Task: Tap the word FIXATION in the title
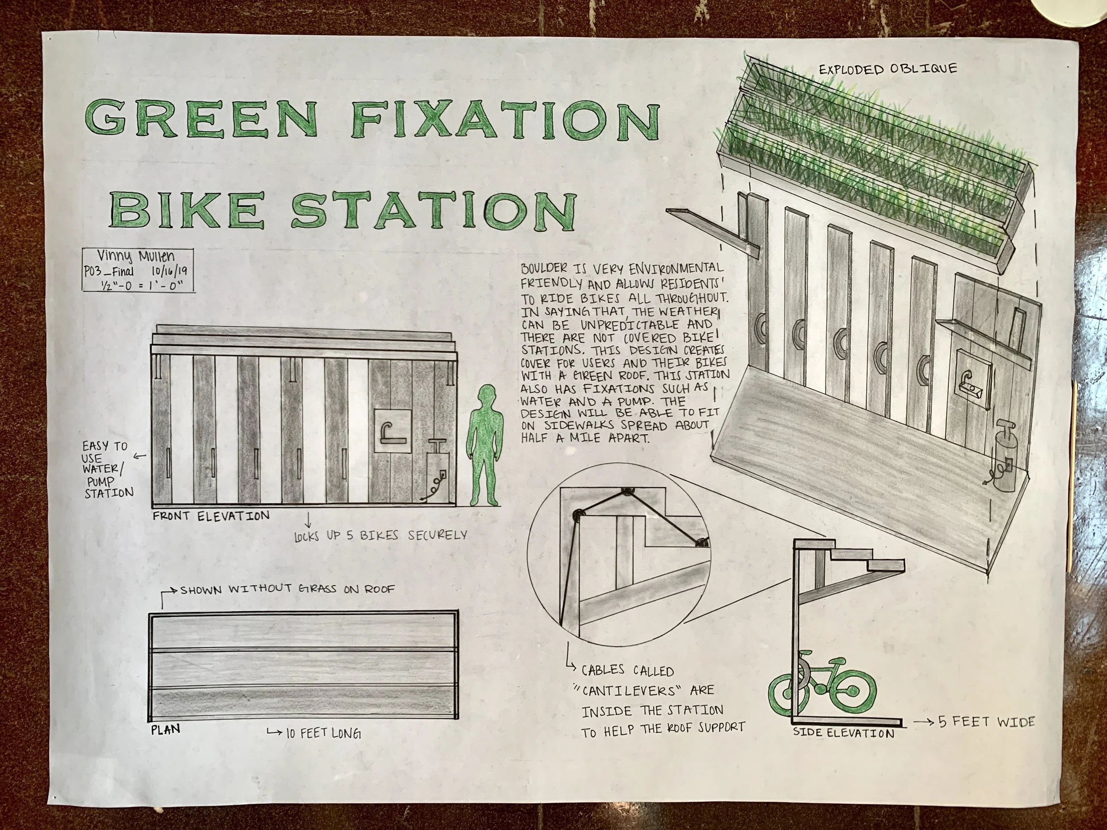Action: pyautogui.click(x=506, y=120)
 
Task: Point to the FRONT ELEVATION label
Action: pyautogui.click(x=211, y=516)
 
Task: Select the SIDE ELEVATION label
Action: pyautogui.click(x=843, y=733)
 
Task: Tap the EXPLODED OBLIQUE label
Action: pyautogui.click(x=888, y=68)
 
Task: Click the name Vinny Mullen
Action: pyautogui.click(x=135, y=257)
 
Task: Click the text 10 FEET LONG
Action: pyautogui.click(x=323, y=734)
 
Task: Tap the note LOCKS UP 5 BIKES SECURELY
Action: pyautogui.click(x=380, y=535)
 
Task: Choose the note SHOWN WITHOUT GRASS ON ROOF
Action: pyautogui.click(x=287, y=589)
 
